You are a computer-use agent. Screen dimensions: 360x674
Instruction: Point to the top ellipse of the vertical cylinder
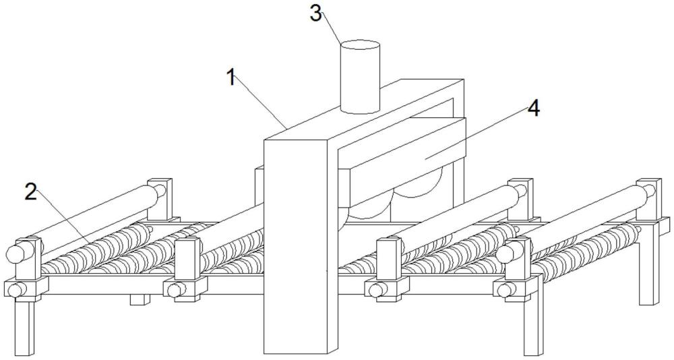click(360, 46)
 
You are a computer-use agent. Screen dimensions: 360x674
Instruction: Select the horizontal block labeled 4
click(404, 152)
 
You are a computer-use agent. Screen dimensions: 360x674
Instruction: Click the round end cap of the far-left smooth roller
click(15, 253)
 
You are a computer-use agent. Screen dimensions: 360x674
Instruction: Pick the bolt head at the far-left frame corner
click(14, 291)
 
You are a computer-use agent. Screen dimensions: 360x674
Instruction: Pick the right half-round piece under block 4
click(418, 189)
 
